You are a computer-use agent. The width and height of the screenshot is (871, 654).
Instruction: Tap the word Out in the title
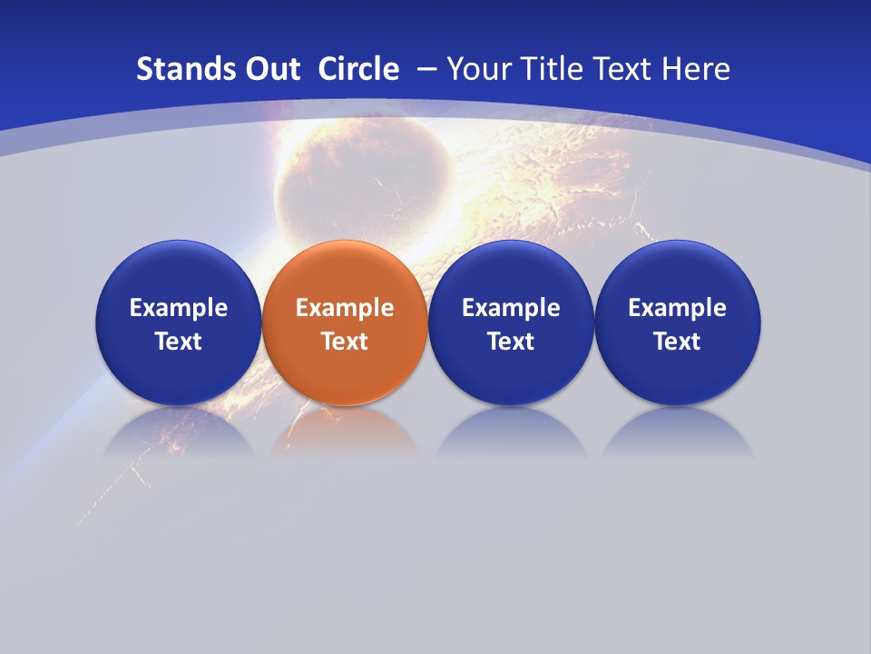pos(269,69)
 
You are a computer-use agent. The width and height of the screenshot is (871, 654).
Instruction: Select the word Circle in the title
pos(358,69)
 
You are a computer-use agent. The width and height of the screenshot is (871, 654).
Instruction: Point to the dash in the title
pos(426,70)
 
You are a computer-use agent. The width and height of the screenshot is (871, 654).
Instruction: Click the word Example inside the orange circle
pos(345,308)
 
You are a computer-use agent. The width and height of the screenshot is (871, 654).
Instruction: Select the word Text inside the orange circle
pos(345,342)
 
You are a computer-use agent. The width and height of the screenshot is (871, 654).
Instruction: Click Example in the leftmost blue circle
pos(179,308)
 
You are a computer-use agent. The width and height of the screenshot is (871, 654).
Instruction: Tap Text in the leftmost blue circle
pos(179,342)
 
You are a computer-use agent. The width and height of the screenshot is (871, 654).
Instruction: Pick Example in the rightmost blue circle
pos(678,308)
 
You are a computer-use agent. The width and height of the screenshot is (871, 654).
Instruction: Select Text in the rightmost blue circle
pos(678,342)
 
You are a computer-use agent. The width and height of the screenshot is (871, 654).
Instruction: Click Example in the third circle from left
pos(511,308)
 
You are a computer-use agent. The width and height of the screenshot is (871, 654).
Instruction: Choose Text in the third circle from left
pos(511,342)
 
